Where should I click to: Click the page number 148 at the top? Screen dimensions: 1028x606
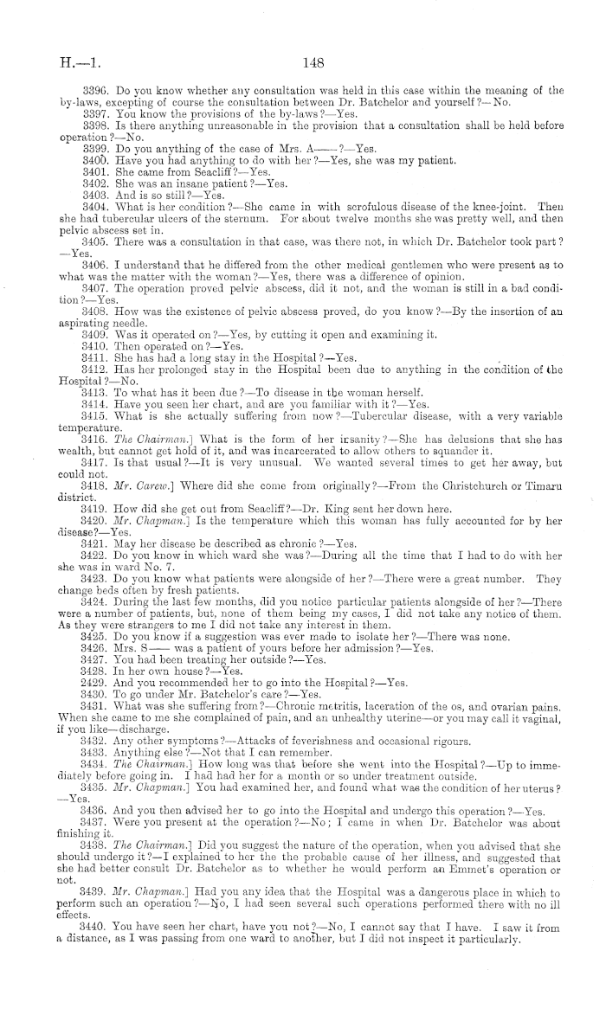(x=313, y=61)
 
